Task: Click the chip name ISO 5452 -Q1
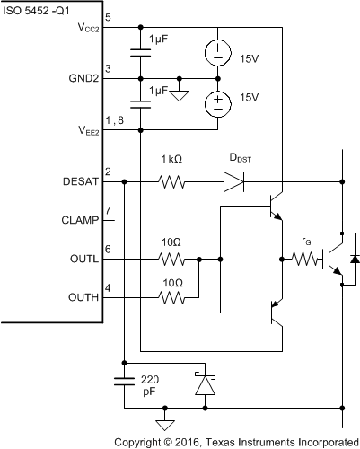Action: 43,10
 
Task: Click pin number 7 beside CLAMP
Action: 107,211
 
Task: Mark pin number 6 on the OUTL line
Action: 107,250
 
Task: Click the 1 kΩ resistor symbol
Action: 171,180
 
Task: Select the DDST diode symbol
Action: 233,180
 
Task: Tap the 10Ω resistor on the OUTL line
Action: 171,259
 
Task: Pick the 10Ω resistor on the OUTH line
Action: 171,297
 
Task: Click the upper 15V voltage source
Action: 217,52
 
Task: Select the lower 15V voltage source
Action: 217,104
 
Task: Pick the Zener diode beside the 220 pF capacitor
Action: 206,383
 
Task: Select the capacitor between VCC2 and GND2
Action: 141,52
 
